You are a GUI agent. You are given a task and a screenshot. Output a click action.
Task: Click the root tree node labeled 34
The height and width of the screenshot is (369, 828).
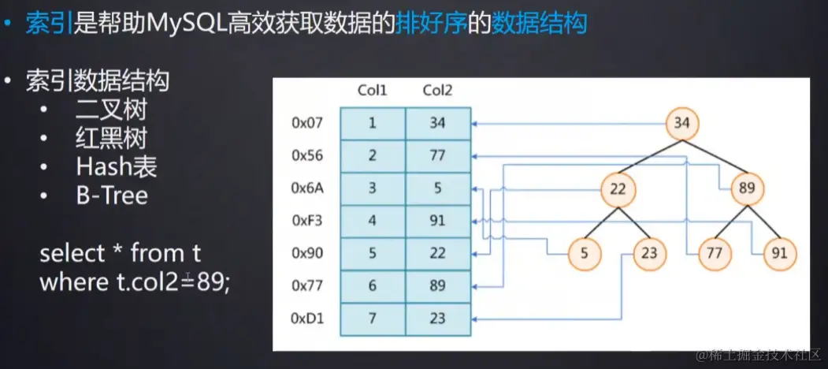point(682,123)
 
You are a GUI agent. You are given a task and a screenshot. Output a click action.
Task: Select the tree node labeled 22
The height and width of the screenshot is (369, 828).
point(618,189)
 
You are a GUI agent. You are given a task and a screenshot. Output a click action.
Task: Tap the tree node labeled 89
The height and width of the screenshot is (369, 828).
point(747,189)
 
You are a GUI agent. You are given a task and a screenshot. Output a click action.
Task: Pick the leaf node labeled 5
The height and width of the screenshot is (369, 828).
point(585,254)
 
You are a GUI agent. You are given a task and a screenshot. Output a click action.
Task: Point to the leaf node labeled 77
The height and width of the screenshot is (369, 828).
point(715,254)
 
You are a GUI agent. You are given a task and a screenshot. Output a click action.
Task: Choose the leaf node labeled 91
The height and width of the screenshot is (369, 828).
point(779,254)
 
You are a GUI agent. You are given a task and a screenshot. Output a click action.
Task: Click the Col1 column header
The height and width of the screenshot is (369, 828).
point(373,90)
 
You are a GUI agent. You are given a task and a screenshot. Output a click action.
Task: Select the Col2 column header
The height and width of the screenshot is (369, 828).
point(438,90)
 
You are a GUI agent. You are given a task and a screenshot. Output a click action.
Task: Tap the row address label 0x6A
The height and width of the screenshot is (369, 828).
point(307,188)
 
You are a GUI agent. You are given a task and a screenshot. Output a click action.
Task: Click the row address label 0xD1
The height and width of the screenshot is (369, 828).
point(307,319)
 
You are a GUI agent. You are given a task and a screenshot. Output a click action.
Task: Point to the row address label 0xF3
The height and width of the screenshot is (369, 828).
point(307,222)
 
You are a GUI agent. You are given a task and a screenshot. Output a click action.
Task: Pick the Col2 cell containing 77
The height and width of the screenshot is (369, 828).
point(438,156)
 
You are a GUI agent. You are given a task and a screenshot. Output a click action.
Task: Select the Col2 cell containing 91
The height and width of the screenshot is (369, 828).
point(438,222)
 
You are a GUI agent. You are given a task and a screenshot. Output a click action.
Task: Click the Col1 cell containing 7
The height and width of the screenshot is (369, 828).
point(373,319)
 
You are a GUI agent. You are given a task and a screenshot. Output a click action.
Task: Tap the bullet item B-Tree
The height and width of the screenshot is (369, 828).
point(112,195)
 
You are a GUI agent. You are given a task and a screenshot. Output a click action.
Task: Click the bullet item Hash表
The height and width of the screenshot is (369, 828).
point(117,166)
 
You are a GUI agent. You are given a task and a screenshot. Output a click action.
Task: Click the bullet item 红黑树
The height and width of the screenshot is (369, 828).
point(112,137)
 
